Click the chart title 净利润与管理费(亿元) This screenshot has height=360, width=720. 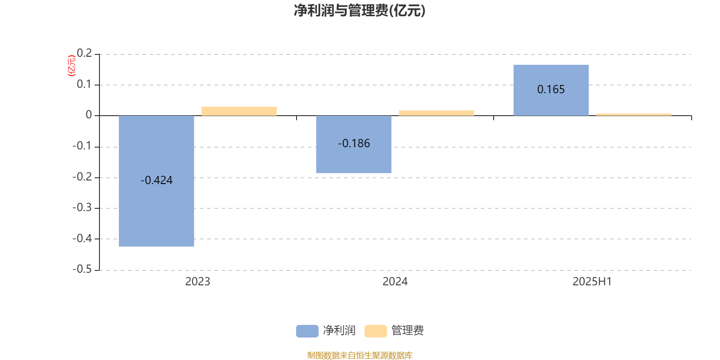pos(360,11)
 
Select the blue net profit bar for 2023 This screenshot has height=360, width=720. pos(157,181)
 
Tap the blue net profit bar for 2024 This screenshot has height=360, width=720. pos(354,144)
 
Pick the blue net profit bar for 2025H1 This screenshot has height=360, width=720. pos(551,90)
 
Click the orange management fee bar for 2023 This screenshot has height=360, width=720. pos(239,111)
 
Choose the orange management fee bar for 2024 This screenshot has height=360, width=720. pos(436,113)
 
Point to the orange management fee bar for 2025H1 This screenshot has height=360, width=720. pos(634,114)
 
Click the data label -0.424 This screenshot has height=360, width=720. pos(157,180)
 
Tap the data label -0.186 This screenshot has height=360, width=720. pos(354,144)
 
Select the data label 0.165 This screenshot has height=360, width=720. pos(551,90)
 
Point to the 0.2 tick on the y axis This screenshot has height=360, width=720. pos(84,53)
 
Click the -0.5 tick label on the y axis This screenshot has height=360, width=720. pos(82,269)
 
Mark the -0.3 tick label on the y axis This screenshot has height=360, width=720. pos(82,207)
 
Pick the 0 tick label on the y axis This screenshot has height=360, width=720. pos(89,115)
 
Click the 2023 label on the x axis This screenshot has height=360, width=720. pos(198,282)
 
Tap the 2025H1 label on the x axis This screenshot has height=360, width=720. pos(592,282)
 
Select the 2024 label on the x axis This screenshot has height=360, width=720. pos(395,282)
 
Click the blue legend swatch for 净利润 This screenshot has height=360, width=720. pos(307,331)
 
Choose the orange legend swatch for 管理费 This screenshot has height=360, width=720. pos(375,331)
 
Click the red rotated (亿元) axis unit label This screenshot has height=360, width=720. pos(72,66)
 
